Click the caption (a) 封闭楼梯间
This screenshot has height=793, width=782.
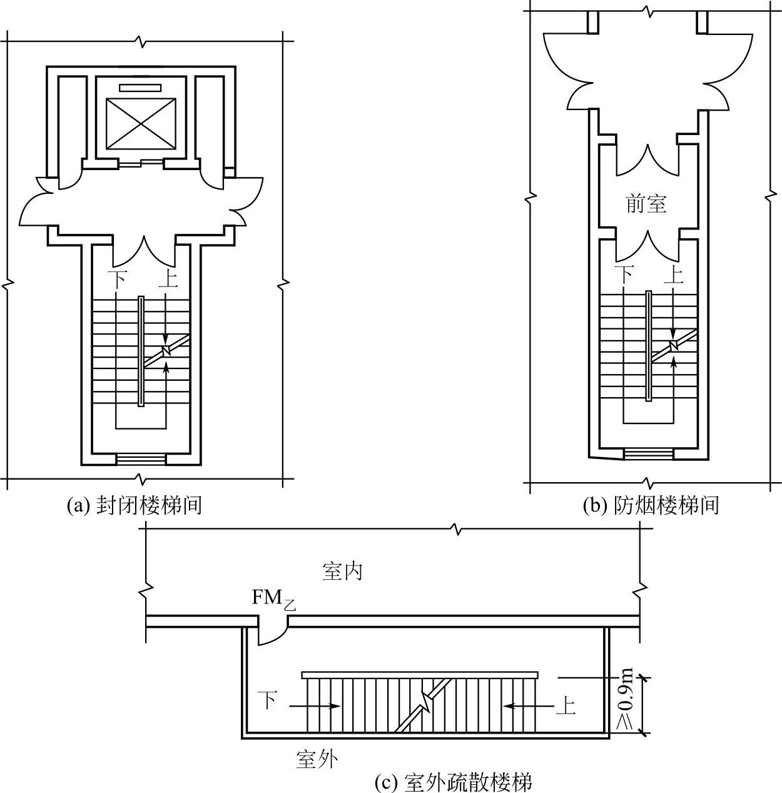pyautogui.click(x=135, y=505)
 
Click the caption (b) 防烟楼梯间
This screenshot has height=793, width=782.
pyautogui.click(x=651, y=505)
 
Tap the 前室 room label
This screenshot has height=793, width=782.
pyautogui.click(x=646, y=204)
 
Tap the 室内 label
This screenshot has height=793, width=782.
pyautogui.click(x=342, y=572)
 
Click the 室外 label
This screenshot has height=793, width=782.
pyautogui.click(x=317, y=759)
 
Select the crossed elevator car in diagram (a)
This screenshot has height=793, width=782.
pyautogui.click(x=141, y=123)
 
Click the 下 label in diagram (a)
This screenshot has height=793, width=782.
pyautogui.click(x=117, y=279)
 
